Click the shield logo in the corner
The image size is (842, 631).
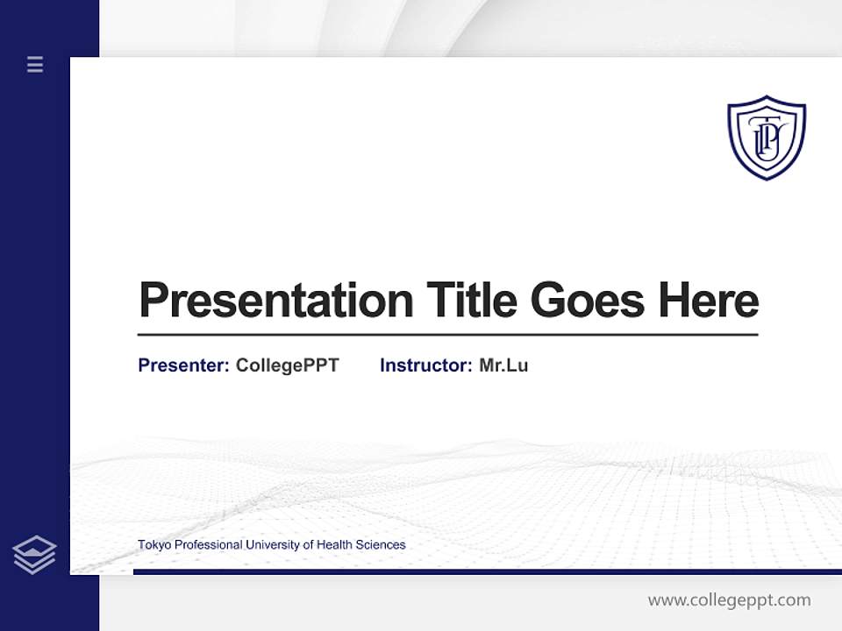coord(766,137)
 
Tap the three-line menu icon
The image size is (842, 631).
coord(35,64)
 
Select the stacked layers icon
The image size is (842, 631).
coord(34,555)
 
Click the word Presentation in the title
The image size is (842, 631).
coord(275,301)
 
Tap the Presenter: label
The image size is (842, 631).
coord(183,365)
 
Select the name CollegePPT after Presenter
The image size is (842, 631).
coord(287,365)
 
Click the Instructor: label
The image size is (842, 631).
coord(425,365)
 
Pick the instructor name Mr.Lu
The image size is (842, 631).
coord(503,365)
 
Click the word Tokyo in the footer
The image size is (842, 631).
coord(154,545)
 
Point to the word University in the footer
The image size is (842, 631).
coord(272,545)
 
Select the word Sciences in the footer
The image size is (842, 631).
coord(381,545)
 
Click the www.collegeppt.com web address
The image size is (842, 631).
coord(729,600)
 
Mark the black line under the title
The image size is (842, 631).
coord(447,335)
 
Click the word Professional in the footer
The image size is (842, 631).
coord(209,545)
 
